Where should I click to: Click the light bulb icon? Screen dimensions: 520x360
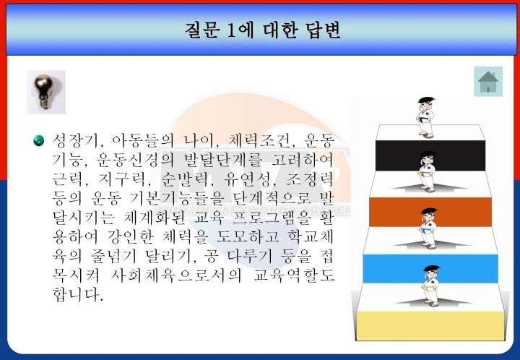coord(46,92)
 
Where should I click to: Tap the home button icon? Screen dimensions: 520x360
coord(487,82)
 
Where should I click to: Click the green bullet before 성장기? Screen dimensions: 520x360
coord(38,140)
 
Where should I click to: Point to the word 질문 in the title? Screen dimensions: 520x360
coord(201,30)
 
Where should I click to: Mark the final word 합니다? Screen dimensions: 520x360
coord(78,294)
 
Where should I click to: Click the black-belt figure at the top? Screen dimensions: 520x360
coord(425,117)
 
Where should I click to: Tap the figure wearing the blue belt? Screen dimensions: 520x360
coord(428,228)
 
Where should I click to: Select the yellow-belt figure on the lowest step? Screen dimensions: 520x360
coord(431,286)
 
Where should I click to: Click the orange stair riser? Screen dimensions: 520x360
coord(430,212)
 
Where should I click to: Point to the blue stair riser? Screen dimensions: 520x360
coord(430,269)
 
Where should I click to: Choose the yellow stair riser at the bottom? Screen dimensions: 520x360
coord(430,326)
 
